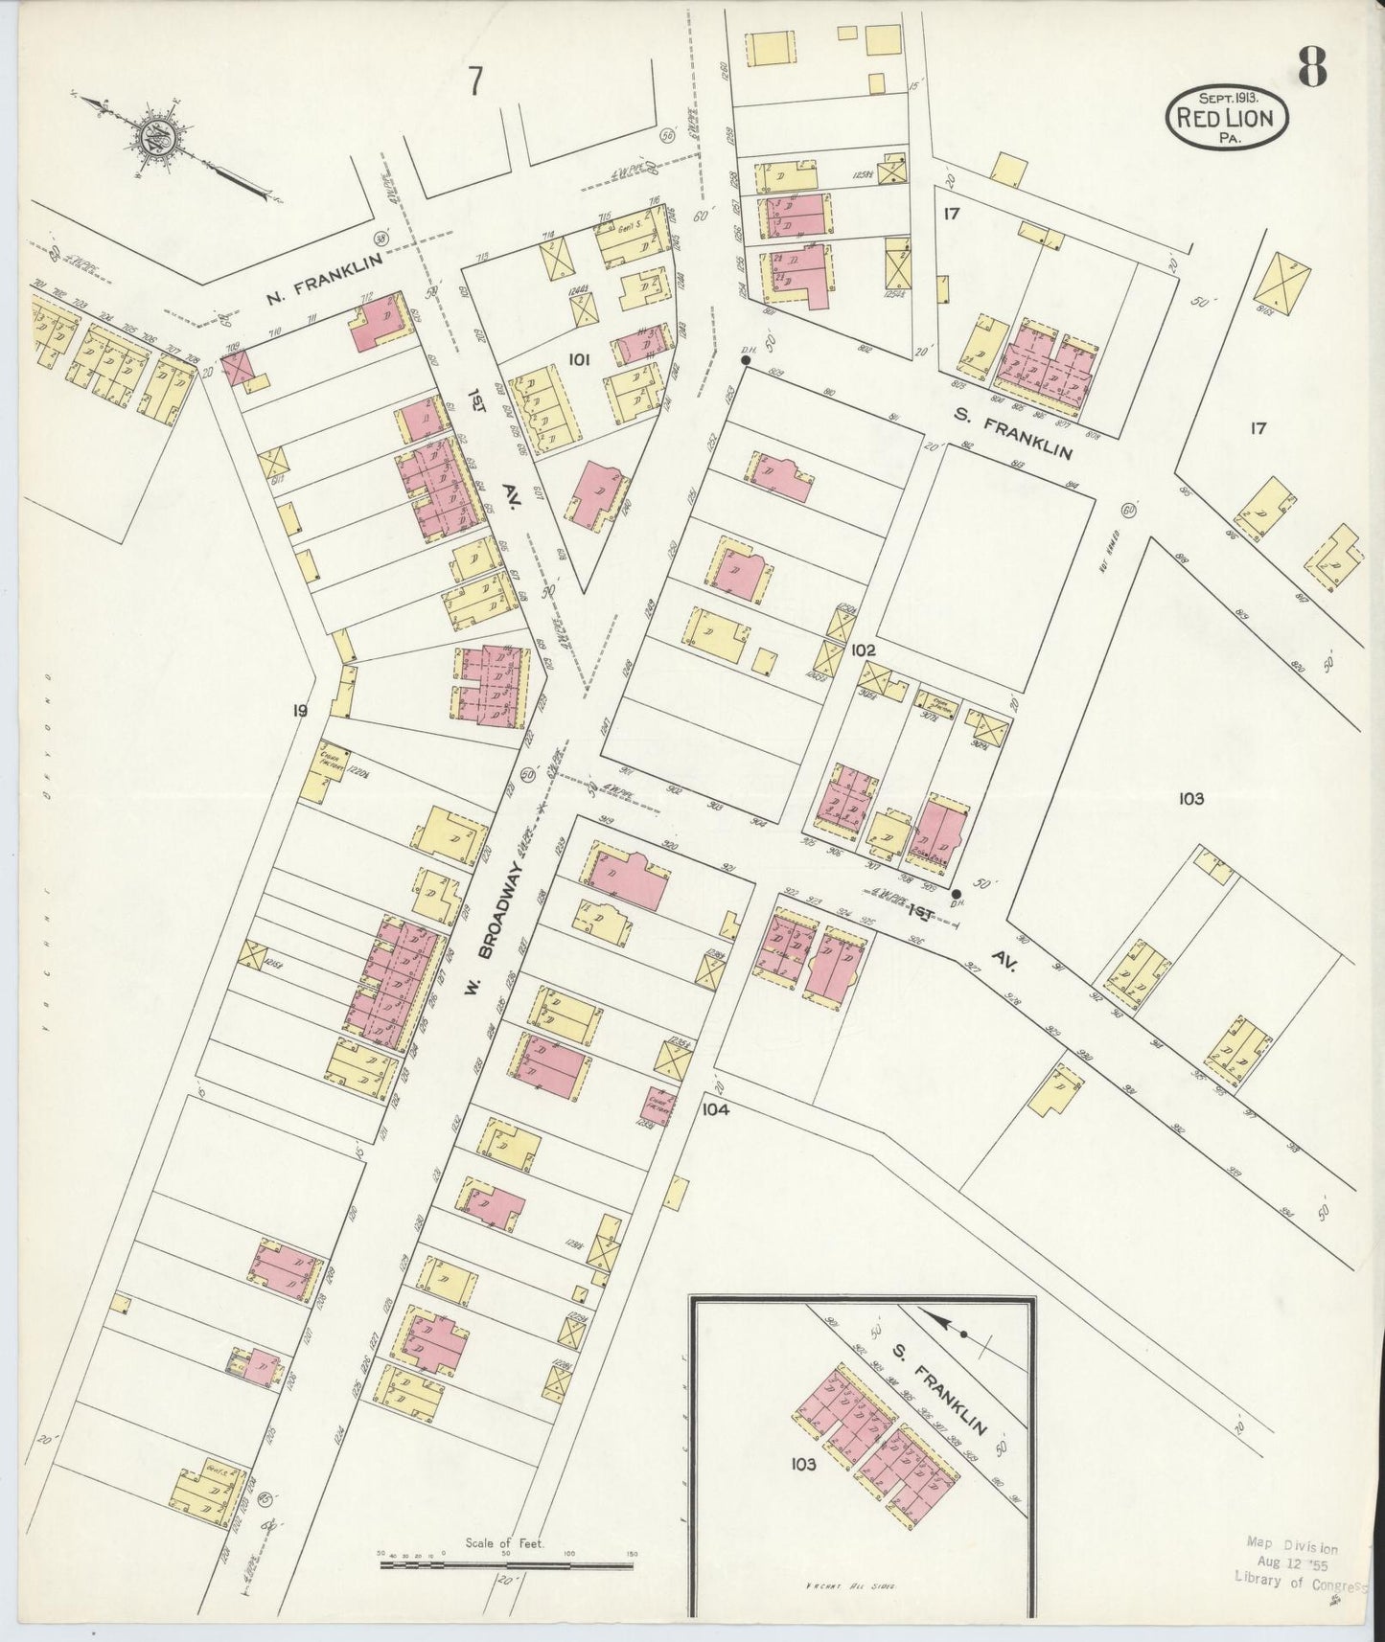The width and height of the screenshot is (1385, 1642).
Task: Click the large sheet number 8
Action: [1312, 66]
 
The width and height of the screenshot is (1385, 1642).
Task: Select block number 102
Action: [863, 650]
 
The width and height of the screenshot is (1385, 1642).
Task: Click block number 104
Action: [715, 1109]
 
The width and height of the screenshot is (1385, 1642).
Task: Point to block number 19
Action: [301, 710]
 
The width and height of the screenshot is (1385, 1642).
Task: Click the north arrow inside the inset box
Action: [949, 1327]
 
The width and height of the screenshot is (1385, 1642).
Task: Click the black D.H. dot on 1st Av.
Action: [956, 894]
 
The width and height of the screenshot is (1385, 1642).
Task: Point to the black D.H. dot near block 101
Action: [745, 360]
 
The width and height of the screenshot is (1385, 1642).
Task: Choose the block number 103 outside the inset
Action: [1191, 798]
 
